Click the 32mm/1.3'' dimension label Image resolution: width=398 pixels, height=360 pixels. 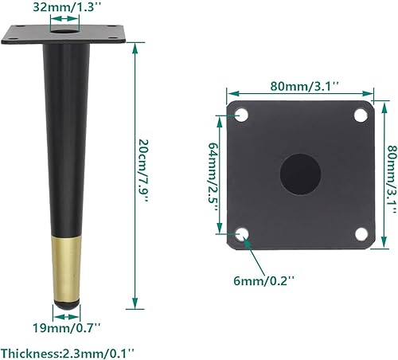(x=65, y=9)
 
